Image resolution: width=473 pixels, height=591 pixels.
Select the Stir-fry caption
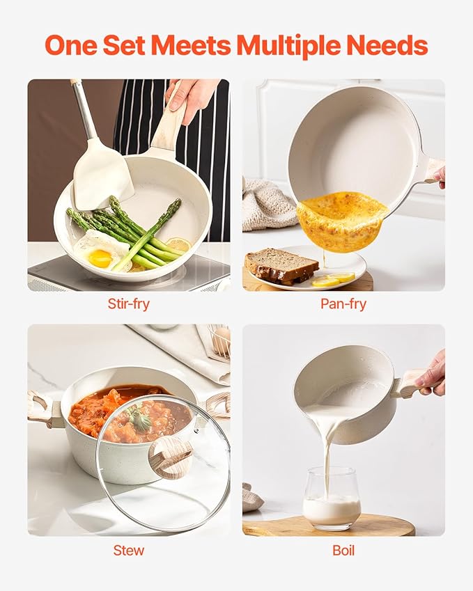pyautogui.click(x=129, y=304)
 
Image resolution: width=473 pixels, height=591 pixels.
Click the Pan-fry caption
pyautogui.click(x=343, y=304)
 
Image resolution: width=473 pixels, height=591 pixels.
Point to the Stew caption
pyautogui.click(x=129, y=551)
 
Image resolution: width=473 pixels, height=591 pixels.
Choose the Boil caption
pyautogui.click(x=343, y=551)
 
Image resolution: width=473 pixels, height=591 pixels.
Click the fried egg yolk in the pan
pyautogui.click(x=100, y=258)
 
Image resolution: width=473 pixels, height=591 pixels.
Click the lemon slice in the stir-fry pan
pyautogui.click(x=178, y=244)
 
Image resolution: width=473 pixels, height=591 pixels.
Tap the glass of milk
pyautogui.click(x=331, y=498)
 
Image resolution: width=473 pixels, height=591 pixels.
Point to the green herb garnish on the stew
pyautogui.click(x=139, y=418)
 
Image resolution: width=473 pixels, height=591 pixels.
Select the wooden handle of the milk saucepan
pyautogui.click(x=409, y=384)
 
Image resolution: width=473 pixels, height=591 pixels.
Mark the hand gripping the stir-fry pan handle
pyautogui.click(x=189, y=99)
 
